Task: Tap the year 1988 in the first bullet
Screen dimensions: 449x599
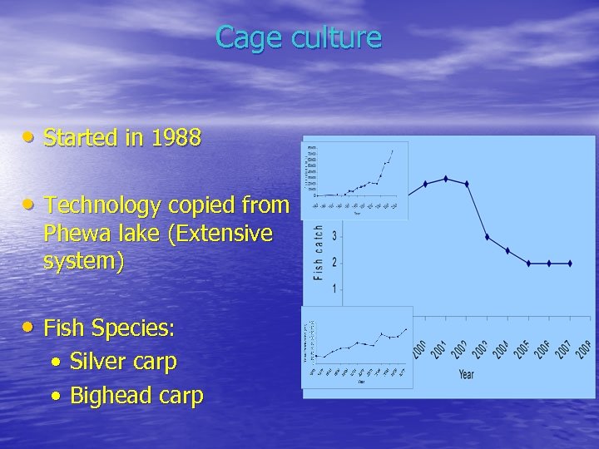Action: [x=175, y=138]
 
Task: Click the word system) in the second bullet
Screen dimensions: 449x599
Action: [x=83, y=262]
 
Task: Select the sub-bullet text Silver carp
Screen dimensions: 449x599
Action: [x=123, y=363]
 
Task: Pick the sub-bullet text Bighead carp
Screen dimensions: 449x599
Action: [x=136, y=396]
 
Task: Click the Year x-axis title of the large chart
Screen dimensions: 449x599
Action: [x=466, y=374]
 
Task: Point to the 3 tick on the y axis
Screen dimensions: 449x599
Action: [x=334, y=236]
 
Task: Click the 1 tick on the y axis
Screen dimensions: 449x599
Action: [x=334, y=289]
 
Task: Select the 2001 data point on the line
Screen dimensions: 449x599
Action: [x=446, y=179]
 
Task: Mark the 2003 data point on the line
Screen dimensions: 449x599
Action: [x=488, y=238]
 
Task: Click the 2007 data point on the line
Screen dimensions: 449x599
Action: [x=570, y=264]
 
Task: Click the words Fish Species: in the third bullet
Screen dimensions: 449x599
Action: [x=109, y=329]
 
